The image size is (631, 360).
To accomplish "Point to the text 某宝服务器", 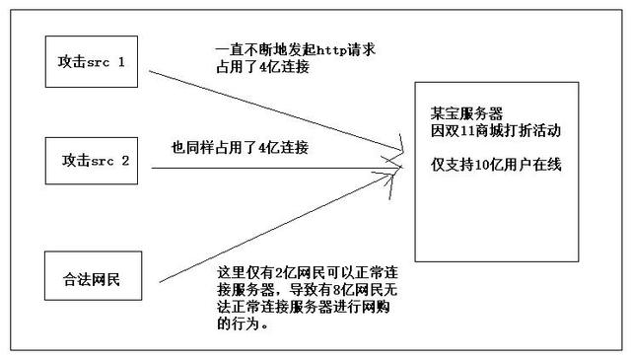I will click(x=461, y=112).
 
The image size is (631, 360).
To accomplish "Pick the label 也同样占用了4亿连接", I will click(x=240, y=148).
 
